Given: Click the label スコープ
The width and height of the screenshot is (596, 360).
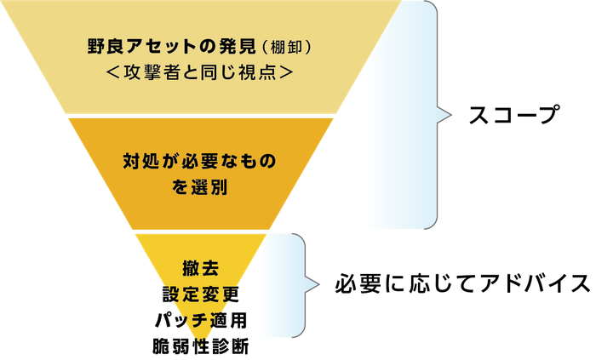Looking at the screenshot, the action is pos(514,115).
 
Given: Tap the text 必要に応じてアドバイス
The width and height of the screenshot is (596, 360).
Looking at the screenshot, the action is pos(462,283).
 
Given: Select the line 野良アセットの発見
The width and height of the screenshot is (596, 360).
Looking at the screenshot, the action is pos(172,46).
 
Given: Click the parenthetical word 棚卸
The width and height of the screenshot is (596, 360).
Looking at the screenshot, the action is pos(286,47).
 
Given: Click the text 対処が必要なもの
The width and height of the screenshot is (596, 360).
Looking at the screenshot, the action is pos(199,161).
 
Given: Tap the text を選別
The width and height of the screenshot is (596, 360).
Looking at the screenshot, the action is pos(199,187).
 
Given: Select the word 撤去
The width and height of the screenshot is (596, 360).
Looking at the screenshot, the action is pos(201,268).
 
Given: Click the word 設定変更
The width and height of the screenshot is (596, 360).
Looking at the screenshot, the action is pos(201,294).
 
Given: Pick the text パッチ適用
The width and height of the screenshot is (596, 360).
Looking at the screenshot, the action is pos(201,320).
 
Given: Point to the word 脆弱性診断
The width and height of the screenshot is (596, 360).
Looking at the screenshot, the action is pos(201,346).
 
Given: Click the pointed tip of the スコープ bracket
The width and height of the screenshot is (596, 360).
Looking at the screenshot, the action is pos(451,115).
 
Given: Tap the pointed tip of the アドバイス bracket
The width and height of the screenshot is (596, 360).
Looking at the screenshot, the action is pos(319,284).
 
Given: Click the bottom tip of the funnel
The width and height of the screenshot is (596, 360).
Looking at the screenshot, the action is pos(200,339).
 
